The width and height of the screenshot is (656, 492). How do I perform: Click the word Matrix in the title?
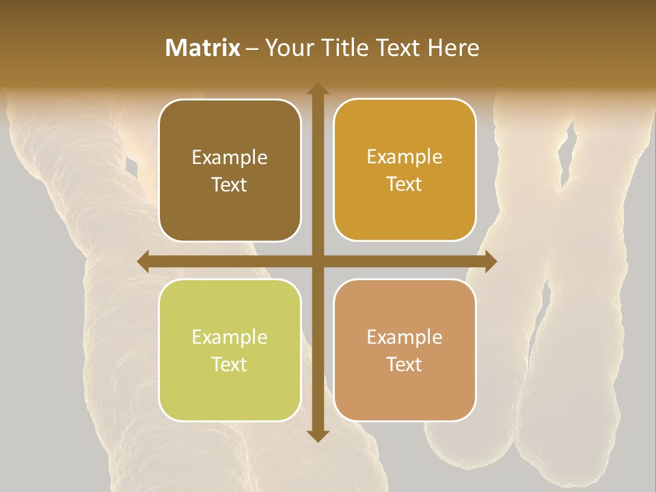click(x=203, y=48)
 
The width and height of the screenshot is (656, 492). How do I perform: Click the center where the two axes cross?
click(x=317, y=261)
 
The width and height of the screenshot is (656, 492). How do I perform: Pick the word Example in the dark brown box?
click(x=230, y=158)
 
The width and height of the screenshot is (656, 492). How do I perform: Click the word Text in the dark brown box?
click(x=230, y=184)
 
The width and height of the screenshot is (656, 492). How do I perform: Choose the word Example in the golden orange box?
click(x=405, y=157)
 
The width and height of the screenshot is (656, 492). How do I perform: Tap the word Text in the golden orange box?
click(x=405, y=184)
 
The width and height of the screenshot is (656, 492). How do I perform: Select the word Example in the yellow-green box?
click(x=230, y=338)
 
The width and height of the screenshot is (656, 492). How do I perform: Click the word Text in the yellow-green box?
click(x=230, y=364)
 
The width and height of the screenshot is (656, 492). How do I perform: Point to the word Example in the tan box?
click(x=405, y=338)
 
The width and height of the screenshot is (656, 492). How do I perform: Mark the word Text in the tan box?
click(x=405, y=364)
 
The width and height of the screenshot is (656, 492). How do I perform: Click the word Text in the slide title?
click(x=400, y=48)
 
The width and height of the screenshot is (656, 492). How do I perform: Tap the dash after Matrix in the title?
click(x=252, y=49)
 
